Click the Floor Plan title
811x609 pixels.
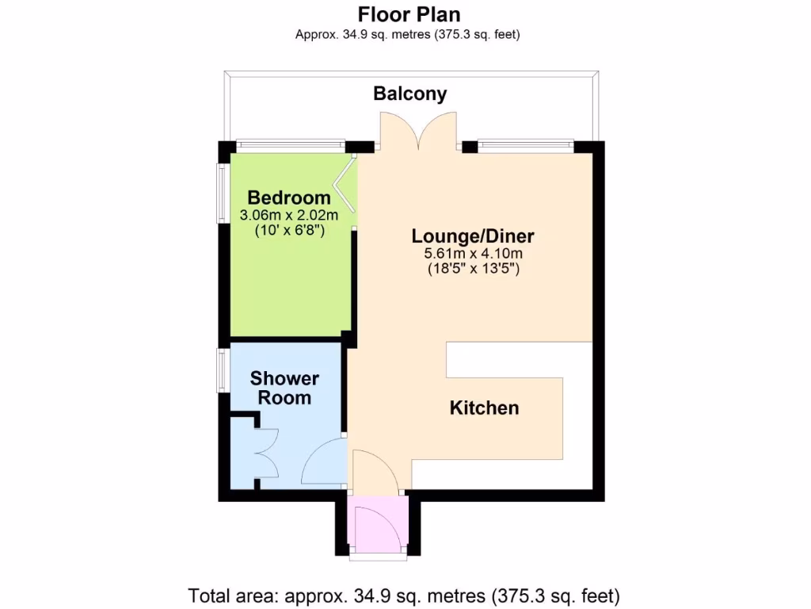409,14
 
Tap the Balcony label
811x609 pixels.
410,94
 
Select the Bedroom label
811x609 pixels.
289,197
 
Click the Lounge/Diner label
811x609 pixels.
473,236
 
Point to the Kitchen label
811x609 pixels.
484,408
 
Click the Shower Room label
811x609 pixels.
284,388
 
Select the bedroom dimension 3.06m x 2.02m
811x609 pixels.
289,215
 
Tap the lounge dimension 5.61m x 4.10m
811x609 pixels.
474,254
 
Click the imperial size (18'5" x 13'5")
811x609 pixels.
474,270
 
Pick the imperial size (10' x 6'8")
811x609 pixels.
289,231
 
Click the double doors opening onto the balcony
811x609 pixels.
418,132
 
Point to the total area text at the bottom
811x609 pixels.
404,595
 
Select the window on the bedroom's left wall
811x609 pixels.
223,193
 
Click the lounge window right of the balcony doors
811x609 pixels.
525,145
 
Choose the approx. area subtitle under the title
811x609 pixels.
408,34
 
